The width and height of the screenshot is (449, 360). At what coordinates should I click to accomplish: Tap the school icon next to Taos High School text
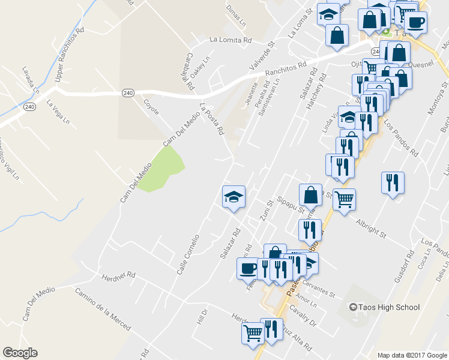354,308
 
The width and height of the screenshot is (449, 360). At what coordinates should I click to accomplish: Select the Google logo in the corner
20,353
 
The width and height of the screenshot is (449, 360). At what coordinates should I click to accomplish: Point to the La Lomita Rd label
230,40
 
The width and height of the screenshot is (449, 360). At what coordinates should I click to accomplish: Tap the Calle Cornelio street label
188,254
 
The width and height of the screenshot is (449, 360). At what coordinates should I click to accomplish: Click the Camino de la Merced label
103,309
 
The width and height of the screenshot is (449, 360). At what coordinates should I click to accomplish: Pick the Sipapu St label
291,205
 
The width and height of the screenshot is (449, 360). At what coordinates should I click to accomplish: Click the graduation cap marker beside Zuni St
234,197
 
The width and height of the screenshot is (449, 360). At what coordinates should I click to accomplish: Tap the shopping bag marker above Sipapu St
311,195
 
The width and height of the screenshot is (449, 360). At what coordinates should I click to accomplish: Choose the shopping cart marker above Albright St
344,199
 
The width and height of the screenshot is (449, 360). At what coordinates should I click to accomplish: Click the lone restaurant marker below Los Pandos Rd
393,182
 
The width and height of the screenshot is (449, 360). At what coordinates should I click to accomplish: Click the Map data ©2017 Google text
412,355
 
